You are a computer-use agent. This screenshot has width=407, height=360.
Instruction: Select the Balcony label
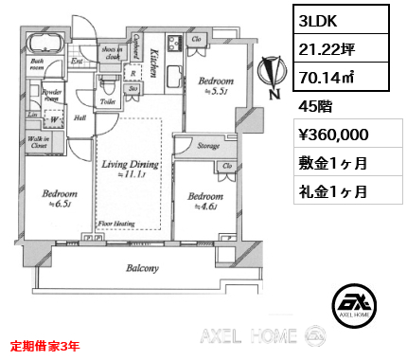[143, 268]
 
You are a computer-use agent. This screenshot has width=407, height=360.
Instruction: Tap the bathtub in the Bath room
[45, 43]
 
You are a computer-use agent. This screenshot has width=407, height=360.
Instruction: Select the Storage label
[208, 146]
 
